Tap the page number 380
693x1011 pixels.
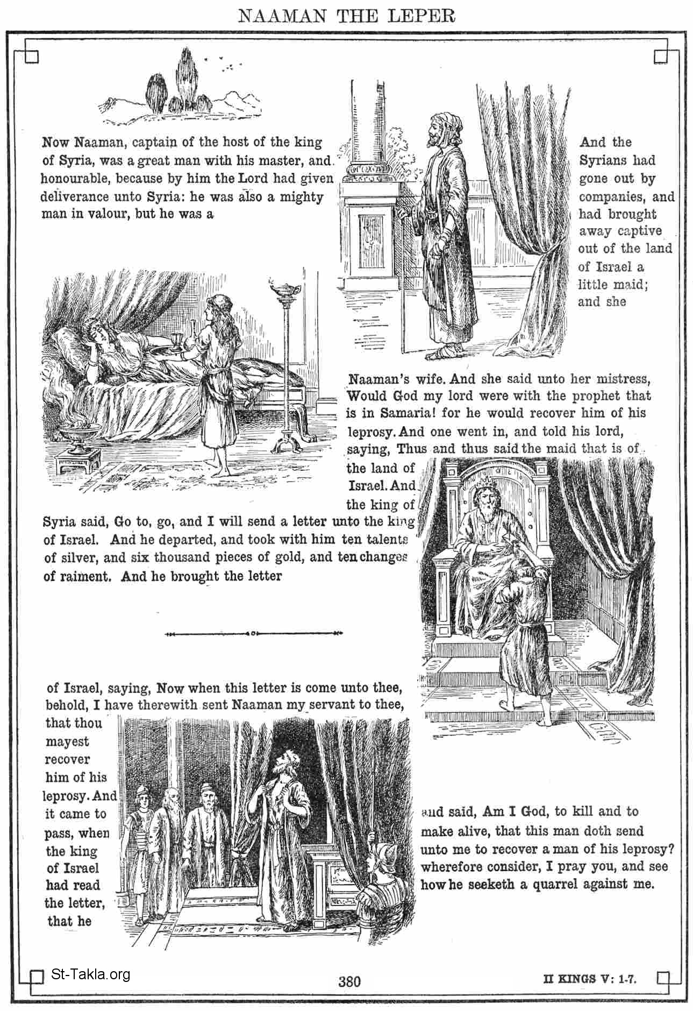click(349, 981)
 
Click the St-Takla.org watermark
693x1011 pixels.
click(90, 973)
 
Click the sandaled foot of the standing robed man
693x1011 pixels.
click(434, 354)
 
